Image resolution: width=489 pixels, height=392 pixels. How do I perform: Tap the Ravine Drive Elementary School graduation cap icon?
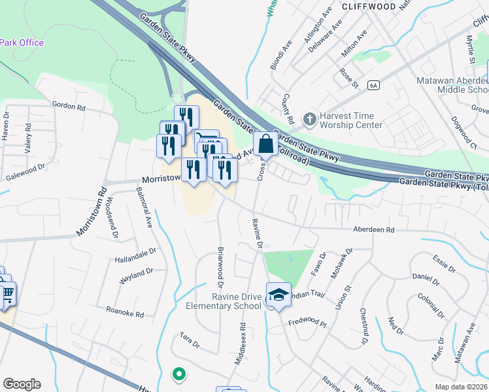[x=278, y=295]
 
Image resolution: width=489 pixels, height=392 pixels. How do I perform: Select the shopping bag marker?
[x=266, y=145]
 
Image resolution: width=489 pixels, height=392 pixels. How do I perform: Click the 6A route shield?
[x=373, y=85]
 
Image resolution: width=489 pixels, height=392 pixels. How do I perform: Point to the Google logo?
[x=22, y=384]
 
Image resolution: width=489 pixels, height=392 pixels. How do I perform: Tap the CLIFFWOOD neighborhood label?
[x=368, y=7]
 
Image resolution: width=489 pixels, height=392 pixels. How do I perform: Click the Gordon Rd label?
[x=69, y=106]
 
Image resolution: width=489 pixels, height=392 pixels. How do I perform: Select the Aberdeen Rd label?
[x=373, y=230]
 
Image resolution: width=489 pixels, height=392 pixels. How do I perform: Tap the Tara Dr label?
[x=189, y=341]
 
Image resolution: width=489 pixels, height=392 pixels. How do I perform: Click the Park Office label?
[x=22, y=43]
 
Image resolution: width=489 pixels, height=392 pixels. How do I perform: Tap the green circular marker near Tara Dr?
[x=178, y=374]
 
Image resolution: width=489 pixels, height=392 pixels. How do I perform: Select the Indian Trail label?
[x=308, y=295]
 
